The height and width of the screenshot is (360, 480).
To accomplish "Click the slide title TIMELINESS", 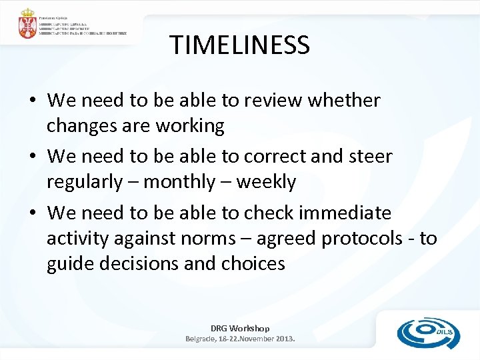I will coord(239,45).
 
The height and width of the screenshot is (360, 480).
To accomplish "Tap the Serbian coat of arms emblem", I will coord(27,24).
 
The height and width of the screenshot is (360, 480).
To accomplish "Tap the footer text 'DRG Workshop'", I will coord(240,328).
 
